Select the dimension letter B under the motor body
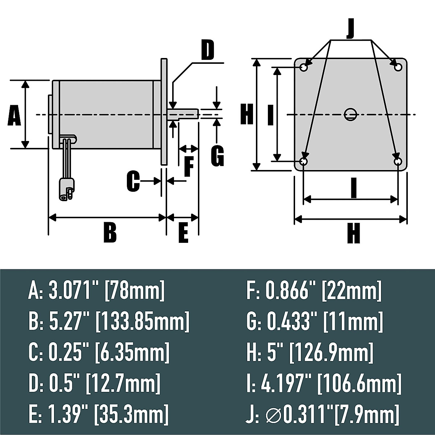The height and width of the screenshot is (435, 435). pos(110,233)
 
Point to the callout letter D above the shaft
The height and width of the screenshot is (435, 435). pos(207,51)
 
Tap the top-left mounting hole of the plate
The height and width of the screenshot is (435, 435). pos(304,67)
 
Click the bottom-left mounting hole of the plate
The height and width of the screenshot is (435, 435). pos(304,161)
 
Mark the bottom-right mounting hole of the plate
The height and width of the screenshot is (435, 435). pos(398,161)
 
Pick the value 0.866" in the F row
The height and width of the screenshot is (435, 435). pos(291,291)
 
